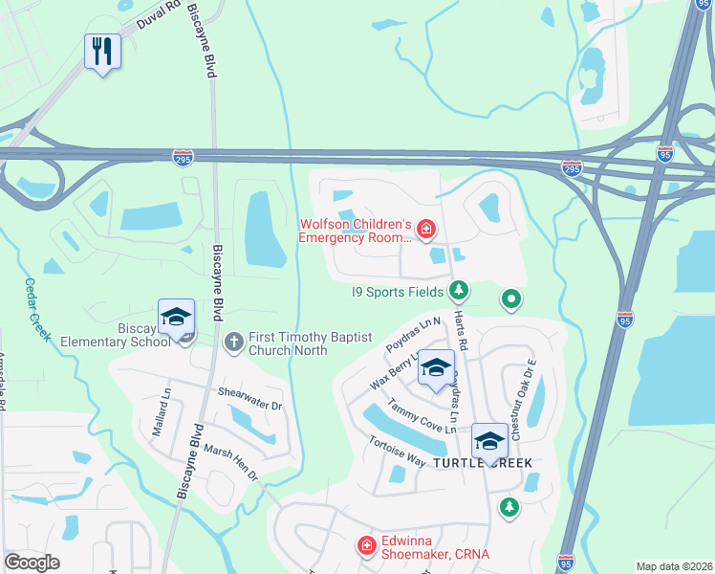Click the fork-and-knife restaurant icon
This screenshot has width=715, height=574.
[103, 50]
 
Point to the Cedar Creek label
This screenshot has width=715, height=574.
[36, 309]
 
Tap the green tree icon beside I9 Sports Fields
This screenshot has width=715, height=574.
[460, 289]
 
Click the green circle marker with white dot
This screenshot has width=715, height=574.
[511, 300]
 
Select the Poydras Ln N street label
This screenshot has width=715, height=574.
[412, 332]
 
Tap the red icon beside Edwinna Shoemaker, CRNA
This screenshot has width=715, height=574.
[365, 545]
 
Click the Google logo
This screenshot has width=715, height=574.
[32, 563]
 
